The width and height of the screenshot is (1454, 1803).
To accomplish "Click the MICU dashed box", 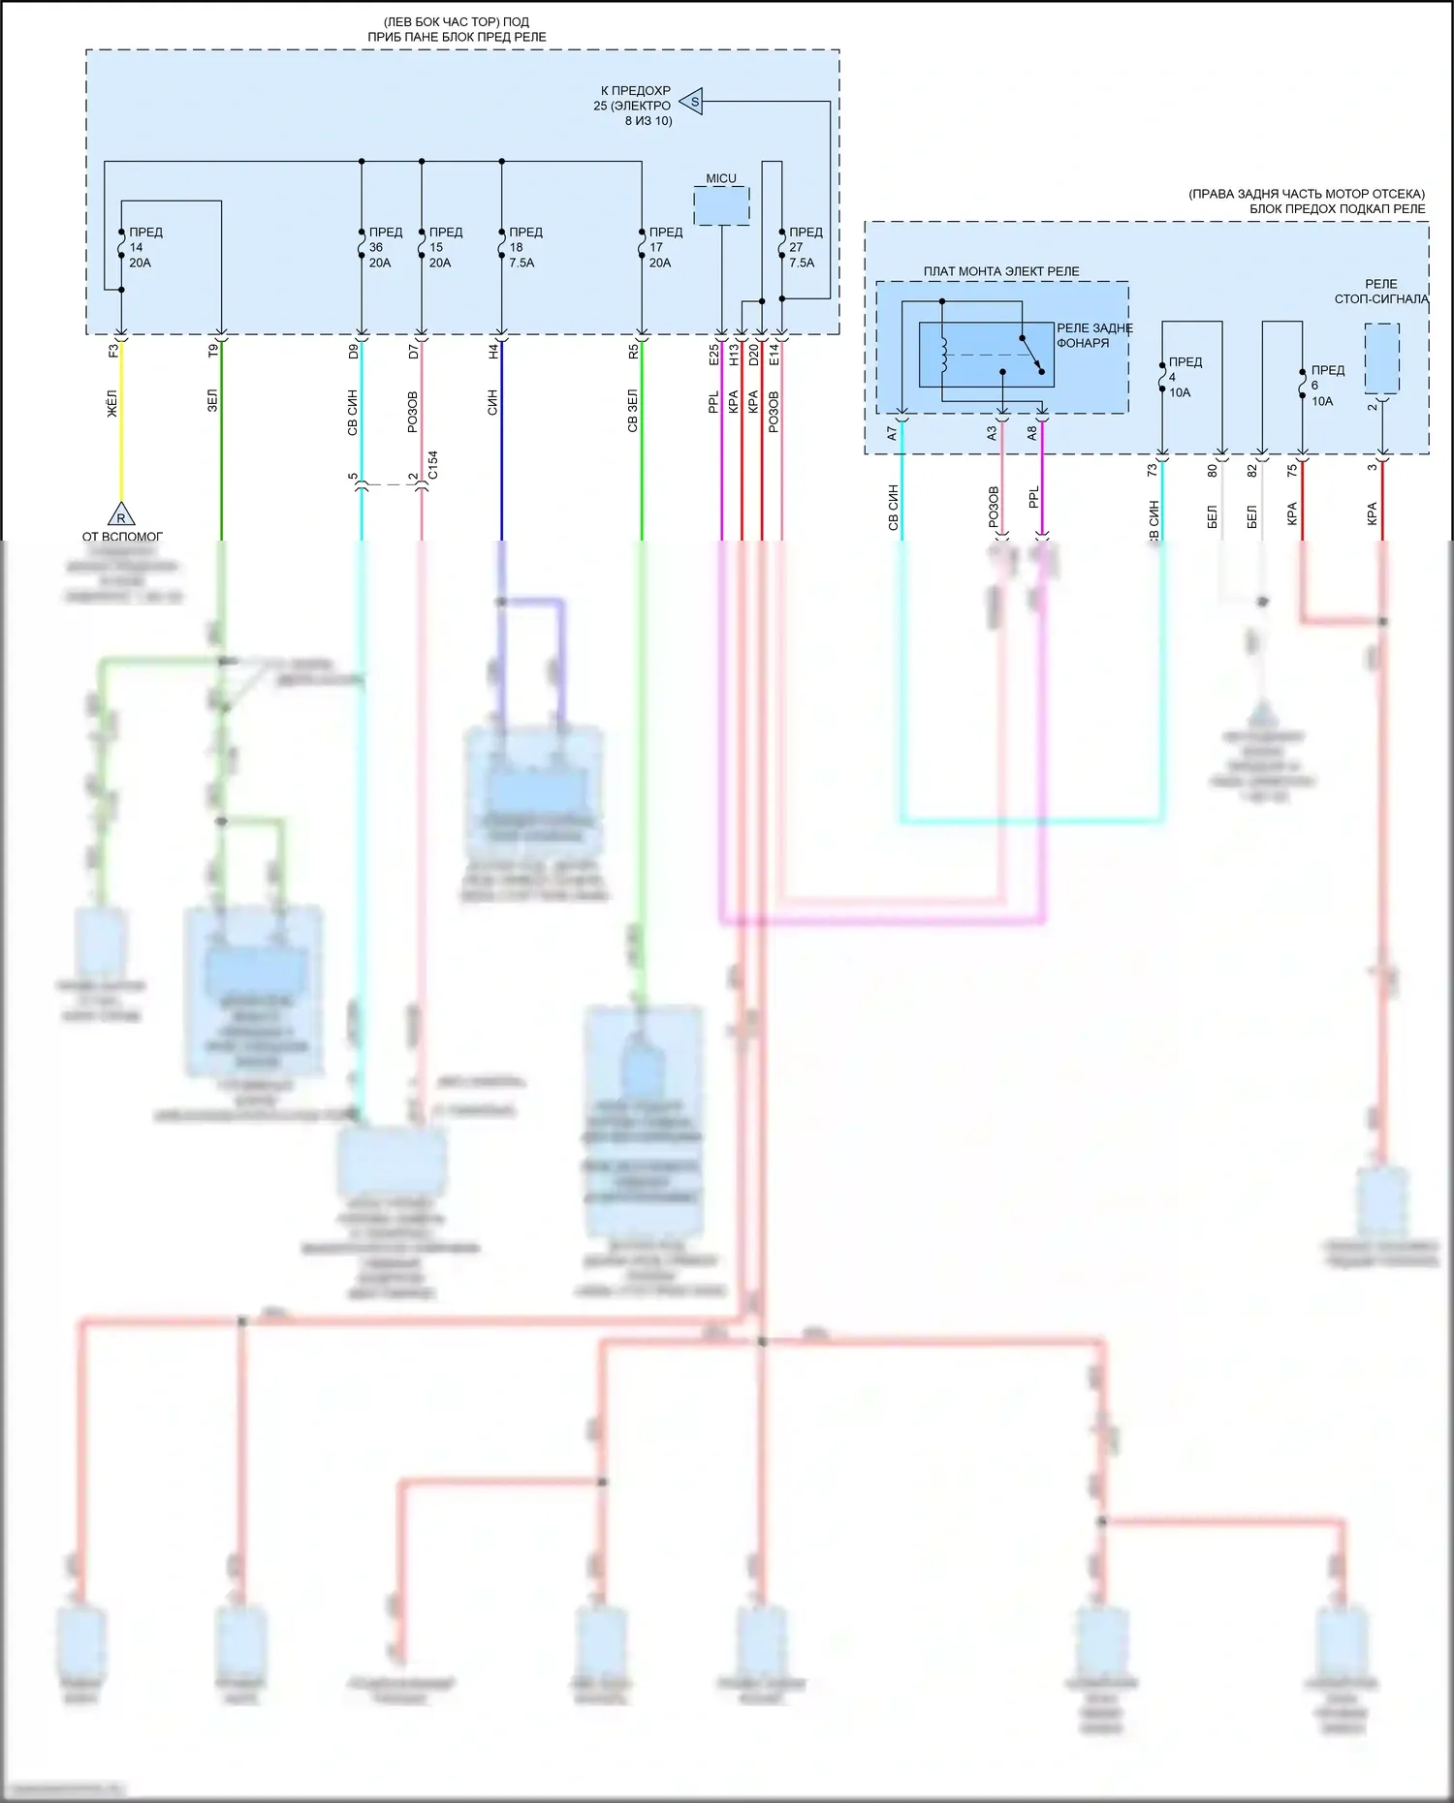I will [721, 205].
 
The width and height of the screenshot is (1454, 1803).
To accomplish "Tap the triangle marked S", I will [692, 101].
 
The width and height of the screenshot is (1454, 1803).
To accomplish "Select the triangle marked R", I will [120, 515].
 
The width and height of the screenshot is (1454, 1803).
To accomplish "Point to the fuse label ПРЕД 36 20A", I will [384, 247].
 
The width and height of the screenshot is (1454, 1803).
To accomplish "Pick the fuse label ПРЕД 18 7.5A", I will [524, 247].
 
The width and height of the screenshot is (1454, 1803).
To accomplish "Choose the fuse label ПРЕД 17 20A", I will [664, 247].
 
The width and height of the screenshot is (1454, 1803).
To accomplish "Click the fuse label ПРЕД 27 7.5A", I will [804, 247].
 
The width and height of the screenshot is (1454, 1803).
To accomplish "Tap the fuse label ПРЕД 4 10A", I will [1184, 377].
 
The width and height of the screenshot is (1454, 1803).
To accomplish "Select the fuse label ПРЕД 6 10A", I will [1326, 386].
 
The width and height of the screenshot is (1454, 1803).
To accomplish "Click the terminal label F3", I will [113, 351].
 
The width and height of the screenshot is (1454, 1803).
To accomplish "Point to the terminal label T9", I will [213, 351].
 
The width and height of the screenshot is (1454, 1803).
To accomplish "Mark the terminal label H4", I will [493, 351].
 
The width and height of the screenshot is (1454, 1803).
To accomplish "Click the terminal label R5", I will [633, 351].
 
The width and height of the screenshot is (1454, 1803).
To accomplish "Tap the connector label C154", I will [433, 464].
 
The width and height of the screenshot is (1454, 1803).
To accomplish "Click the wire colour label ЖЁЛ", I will [112, 404].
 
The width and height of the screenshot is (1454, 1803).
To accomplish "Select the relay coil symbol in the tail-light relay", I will [944, 356].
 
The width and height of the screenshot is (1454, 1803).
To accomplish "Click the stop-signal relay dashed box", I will [1381, 358].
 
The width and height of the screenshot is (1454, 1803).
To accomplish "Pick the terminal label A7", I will [892, 434].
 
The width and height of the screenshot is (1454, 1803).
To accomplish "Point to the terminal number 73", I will [1153, 470].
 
